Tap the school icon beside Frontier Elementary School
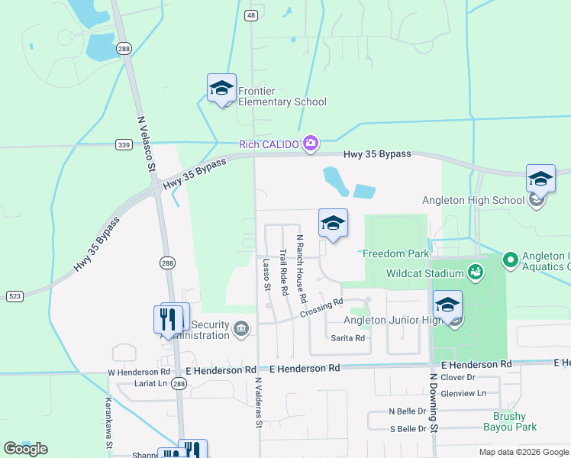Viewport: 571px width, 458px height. (x=221, y=89)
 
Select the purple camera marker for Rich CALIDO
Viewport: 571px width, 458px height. (x=310, y=143)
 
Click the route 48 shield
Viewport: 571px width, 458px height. (x=251, y=15)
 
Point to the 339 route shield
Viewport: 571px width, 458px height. (x=124, y=144)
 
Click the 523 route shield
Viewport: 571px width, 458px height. (x=14, y=295)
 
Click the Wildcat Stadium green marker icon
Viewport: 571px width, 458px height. (x=476, y=272)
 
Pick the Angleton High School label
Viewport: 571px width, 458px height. (x=473, y=201)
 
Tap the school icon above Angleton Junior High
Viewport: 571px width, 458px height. (x=447, y=305)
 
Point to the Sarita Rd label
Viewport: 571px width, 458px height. (x=347, y=337)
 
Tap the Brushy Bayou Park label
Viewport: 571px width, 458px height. (x=509, y=421)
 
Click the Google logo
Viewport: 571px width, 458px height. (x=25, y=449)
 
